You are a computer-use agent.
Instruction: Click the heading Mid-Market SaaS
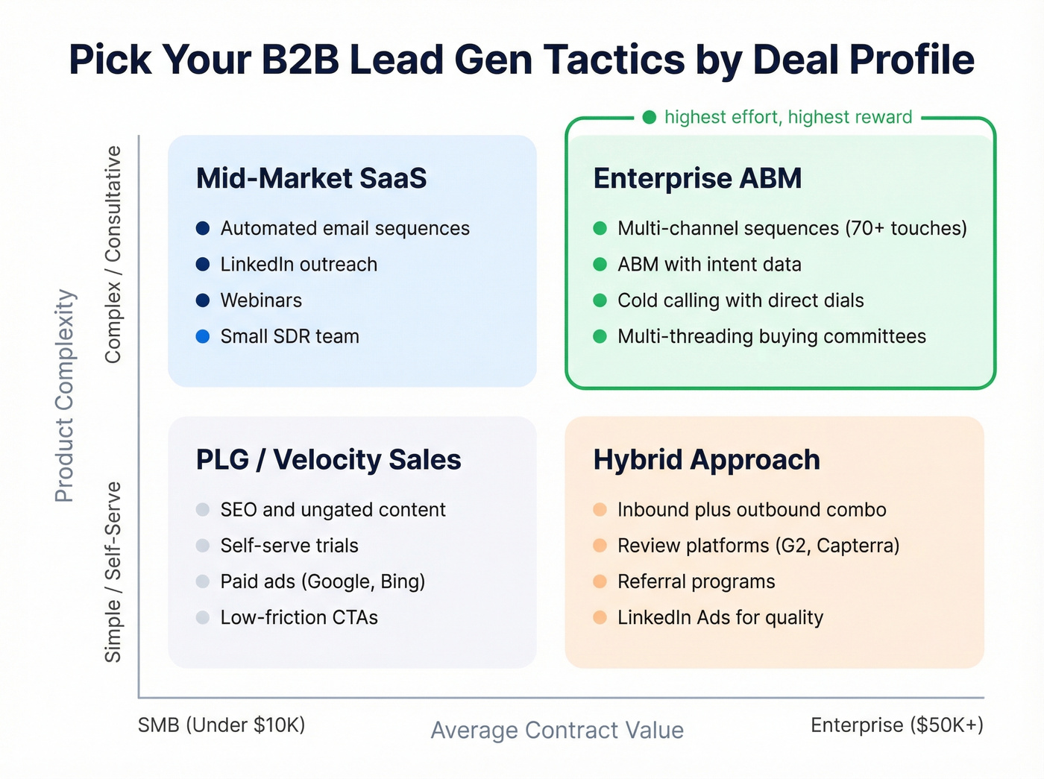point(311,179)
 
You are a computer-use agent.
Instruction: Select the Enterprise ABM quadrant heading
point(697,179)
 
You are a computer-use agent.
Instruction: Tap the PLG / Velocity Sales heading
point(328,460)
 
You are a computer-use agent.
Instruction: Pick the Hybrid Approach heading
point(706,460)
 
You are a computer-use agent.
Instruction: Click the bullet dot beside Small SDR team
point(203,336)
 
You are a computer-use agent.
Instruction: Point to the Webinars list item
point(261,300)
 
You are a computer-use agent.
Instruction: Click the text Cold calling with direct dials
point(740,300)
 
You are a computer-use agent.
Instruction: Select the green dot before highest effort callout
point(650,117)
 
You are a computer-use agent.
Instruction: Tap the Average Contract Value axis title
point(557,731)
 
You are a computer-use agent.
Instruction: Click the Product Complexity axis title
point(65,395)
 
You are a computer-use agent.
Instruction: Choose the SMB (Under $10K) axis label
point(221,725)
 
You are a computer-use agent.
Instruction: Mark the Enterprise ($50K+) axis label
point(897,725)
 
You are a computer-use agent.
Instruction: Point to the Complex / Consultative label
point(113,254)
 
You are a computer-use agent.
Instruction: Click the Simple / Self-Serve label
point(113,572)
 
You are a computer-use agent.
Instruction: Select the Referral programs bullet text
point(696,581)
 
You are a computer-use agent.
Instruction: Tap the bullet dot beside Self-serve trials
point(203,546)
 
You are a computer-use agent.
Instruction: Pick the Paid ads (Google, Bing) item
point(322,581)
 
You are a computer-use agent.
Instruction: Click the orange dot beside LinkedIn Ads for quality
point(600,617)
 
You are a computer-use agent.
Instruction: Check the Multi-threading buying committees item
point(771,336)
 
